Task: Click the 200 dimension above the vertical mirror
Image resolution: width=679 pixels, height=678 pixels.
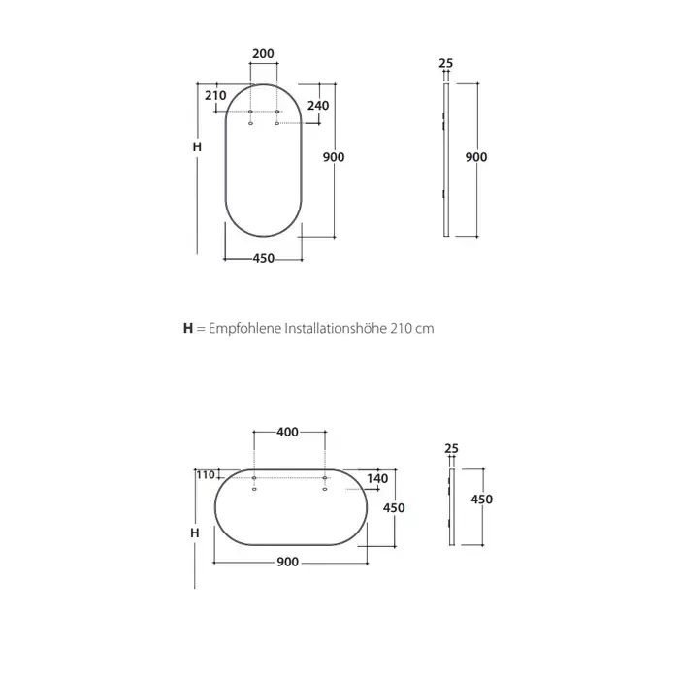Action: [x=263, y=53]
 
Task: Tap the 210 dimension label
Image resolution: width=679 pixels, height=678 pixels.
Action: [x=215, y=95]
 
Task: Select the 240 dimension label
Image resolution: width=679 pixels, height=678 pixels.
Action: [x=318, y=105]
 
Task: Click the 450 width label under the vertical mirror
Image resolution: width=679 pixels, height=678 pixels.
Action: [x=264, y=258]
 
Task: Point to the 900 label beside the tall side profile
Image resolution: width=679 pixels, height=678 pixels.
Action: [x=476, y=157]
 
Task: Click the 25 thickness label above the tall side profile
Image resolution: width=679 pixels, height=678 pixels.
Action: [x=445, y=63]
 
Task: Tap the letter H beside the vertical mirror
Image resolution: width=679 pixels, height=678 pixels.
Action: [x=197, y=147]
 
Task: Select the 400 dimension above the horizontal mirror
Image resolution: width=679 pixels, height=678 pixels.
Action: [x=287, y=432]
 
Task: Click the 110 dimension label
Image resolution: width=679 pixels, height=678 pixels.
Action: [x=206, y=475]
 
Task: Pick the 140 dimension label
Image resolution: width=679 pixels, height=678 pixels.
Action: [x=377, y=479]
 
